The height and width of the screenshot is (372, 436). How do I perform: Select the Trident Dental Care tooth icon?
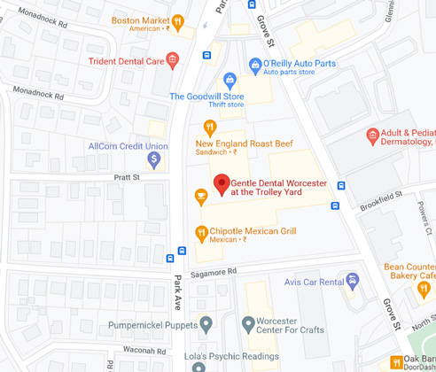click(173, 60)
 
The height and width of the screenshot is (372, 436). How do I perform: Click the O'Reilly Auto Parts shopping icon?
click(255, 64)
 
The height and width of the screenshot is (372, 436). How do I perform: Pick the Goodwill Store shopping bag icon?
click(230, 81)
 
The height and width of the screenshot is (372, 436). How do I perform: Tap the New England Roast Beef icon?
click(211, 127)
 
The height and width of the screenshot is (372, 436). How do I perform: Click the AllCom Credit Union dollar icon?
click(154, 160)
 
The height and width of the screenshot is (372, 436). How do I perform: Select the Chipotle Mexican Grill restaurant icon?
click(202, 233)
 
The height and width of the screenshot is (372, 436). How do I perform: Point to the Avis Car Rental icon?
click(353, 281)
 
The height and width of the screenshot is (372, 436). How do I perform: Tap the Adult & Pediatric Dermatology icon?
click(373, 135)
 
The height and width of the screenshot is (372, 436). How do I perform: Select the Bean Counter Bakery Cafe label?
click(410, 272)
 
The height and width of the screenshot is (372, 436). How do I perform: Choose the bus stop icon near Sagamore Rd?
click(170, 260)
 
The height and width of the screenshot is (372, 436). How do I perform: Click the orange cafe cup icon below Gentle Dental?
click(200, 194)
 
